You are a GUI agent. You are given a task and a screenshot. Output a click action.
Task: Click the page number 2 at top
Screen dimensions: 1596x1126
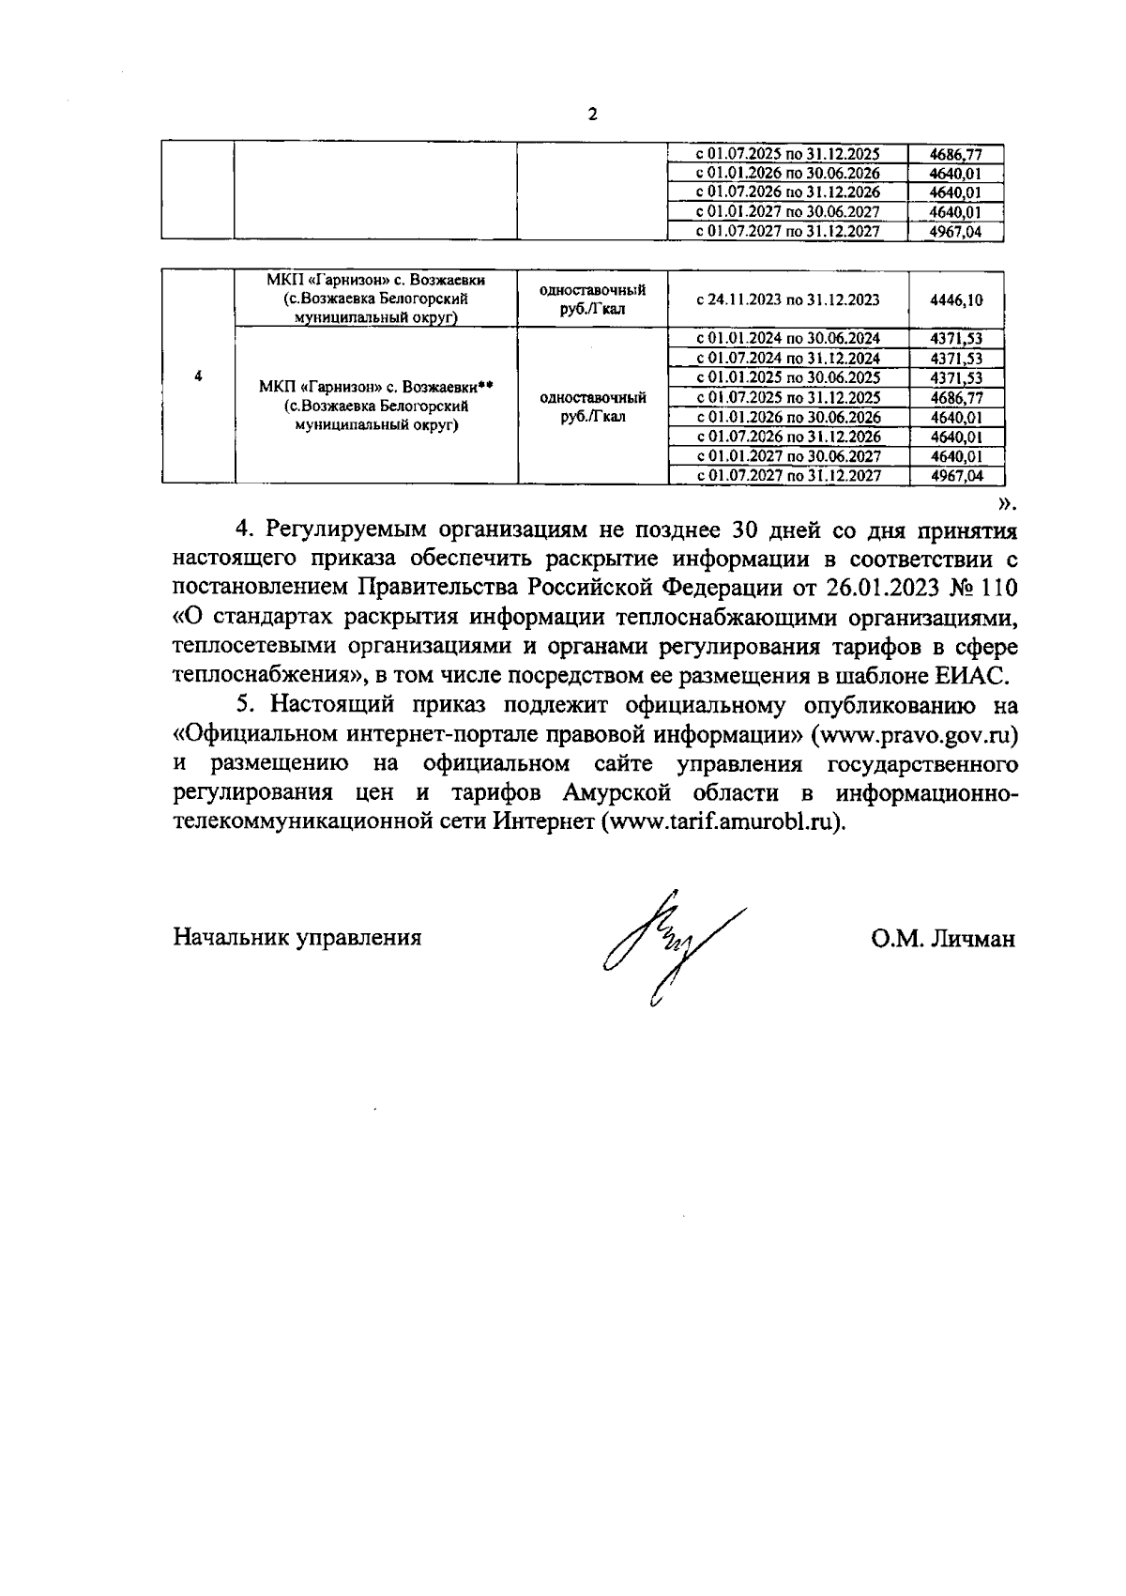point(591,115)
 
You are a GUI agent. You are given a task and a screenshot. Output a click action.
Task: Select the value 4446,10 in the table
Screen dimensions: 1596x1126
point(955,299)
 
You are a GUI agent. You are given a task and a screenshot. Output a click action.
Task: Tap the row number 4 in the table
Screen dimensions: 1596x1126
point(198,376)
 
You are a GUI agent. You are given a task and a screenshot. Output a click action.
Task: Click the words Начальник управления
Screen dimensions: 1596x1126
point(297,937)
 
